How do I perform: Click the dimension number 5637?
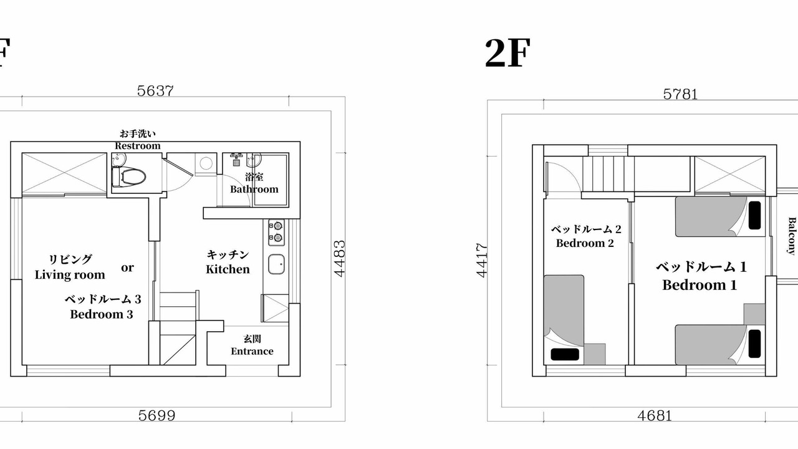click(x=155, y=91)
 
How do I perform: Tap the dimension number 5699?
click(x=156, y=415)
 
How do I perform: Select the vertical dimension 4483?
click(x=340, y=259)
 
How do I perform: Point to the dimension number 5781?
click(x=680, y=94)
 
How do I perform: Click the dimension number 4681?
click(x=655, y=415)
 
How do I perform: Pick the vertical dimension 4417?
click(x=481, y=260)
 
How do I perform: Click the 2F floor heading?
click(x=507, y=54)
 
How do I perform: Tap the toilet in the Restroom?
click(x=128, y=176)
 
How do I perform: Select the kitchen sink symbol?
click(x=276, y=264)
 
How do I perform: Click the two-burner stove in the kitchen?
click(x=276, y=233)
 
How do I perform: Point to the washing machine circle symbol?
click(x=206, y=163)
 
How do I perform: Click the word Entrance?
click(x=252, y=351)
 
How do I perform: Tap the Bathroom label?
click(x=254, y=189)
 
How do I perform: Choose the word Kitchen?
click(x=228, y=269)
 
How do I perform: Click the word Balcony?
click(x=792, y=236)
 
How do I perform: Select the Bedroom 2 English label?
click(x=585, y=243)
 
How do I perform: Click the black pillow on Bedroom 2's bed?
click(x=565, y=354)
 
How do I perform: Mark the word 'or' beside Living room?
click(x=127, y=268)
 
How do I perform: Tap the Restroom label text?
click(x=138, y=146)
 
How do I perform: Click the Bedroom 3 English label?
click(x=102, y=314)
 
